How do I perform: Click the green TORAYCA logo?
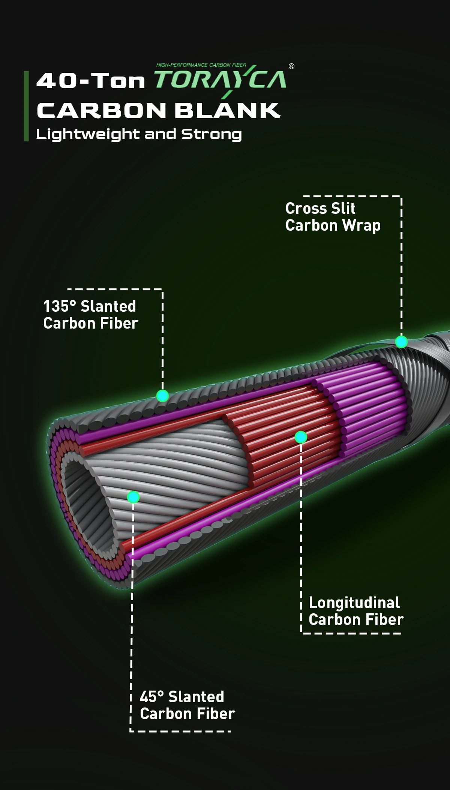(220, 80)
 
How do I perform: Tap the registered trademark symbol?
(291, 66)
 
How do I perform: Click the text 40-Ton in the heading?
(90, 81)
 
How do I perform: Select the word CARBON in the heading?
(101, 111)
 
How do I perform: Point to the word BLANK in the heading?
(227, 111)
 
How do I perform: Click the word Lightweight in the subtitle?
(87, 134)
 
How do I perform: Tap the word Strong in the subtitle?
(211, 134)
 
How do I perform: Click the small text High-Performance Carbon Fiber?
(201, 65)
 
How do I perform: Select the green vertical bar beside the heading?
(26, 106)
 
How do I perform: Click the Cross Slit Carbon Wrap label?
(333, 217)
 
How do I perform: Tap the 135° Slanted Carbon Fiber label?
(90, 315)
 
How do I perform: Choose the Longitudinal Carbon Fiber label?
(356, 611)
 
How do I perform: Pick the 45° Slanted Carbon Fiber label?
(187, 705)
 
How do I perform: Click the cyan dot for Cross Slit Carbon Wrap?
(401, 342)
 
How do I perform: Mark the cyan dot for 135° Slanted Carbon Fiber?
(162, 396)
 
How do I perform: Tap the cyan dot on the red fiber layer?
(301, 437)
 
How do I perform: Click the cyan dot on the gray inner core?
(133, 497)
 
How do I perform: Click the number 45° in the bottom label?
(151, 697)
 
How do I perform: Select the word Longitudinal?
(354, 603)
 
